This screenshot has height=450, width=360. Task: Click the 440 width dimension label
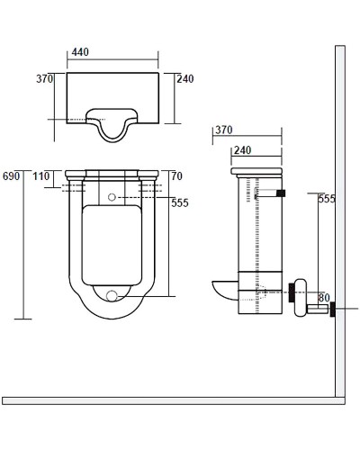coord(80,53)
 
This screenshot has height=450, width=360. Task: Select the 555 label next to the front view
coord(179,203)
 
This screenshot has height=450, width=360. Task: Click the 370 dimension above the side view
coord(224,130)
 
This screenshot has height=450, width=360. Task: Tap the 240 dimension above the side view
coord(242,151)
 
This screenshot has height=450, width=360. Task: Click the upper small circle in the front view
coord(112,197)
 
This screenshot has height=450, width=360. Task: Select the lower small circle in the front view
coord(112,294)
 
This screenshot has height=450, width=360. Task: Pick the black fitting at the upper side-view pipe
coord(282,193)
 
